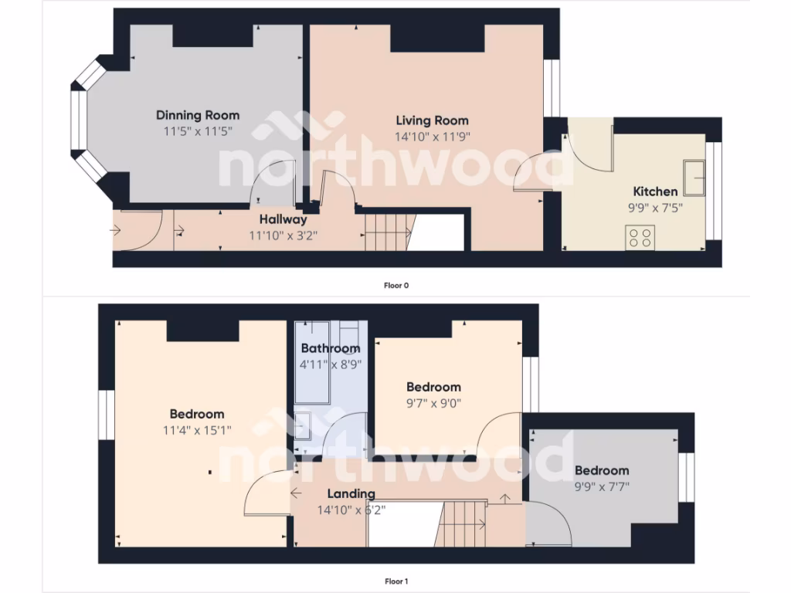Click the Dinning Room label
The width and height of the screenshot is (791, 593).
(x=198, y=115)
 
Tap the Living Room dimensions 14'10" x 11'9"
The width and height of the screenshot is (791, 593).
(x=433, y=136)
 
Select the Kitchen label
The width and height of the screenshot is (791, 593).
(x=655, y=191)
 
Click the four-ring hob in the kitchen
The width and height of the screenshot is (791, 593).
(x=640, y=236)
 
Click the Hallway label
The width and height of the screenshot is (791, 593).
(x=283, y=219)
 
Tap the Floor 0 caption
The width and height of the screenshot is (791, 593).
(x=395, y=285)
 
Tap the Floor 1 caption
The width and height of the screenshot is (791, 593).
(x=395, y=581)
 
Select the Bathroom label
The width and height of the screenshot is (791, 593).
(x=331, y=348)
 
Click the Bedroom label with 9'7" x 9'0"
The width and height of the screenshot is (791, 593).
(x=433, y=387)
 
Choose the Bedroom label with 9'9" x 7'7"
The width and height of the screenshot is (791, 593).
(x=601, y=470)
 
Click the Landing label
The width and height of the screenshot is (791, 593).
(x=351, y=493)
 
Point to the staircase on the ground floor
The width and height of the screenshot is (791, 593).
(x=386, y=232)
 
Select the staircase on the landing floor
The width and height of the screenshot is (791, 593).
(x=463, y=524)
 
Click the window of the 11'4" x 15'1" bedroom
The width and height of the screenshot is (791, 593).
(x=107, y=418)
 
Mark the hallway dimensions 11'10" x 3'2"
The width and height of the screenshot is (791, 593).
(x=283, y=235)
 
